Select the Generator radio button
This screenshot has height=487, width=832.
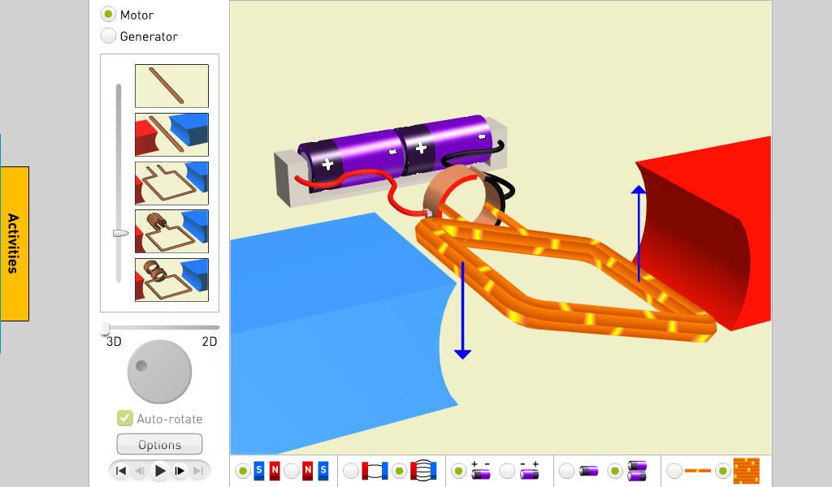(x=108, y=36)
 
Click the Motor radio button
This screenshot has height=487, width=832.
(x=108, y=14)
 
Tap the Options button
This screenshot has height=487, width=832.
(x=159, y=444)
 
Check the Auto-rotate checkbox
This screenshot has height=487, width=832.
(x=124, y=418)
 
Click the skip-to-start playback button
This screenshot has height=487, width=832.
(x=121, y=471)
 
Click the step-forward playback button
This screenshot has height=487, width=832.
(x=180, y=471)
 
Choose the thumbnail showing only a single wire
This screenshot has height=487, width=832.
(x=171, y=86)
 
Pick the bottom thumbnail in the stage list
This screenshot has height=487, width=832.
(x=171, y=280)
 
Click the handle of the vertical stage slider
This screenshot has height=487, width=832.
(x=120, y=233)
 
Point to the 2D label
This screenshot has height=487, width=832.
(x=210, y=341)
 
